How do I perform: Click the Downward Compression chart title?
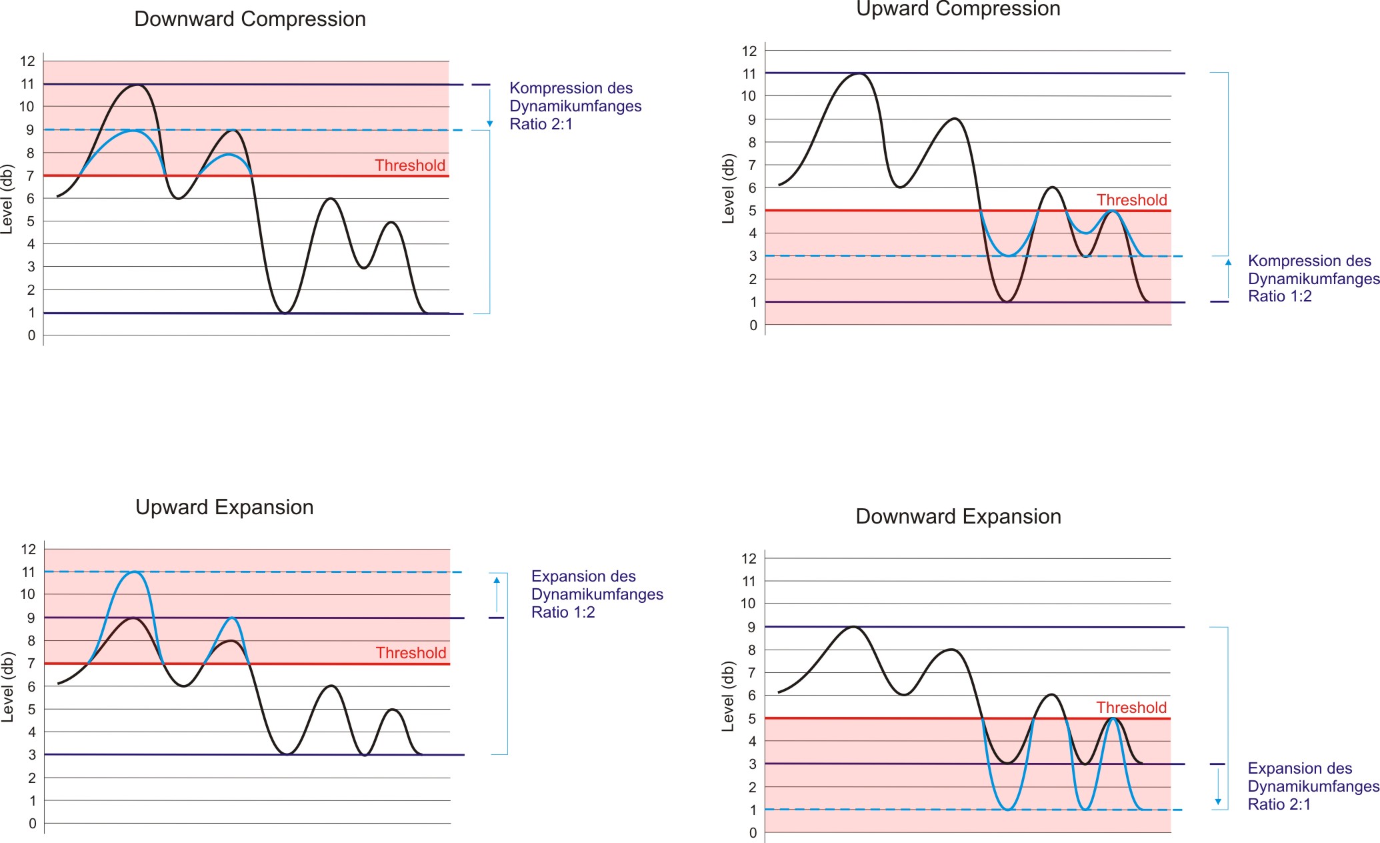coord(250,19)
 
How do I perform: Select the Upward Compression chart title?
coord(958,9)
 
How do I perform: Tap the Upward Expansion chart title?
coord(224,508)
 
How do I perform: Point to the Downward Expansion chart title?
coord(958,517)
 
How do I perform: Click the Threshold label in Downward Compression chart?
coord(409,165)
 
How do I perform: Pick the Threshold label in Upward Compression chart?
coord(1131,200)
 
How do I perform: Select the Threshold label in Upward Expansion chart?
coord(411,653)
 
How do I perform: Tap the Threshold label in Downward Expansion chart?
coord(1131,708)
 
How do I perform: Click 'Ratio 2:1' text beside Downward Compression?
coord(541,124)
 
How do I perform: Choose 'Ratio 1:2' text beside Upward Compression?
coord(1279,296)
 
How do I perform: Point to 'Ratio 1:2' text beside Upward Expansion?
coord(563,612)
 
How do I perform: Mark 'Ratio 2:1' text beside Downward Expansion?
coord(1279,804)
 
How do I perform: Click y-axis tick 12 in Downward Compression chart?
coord(27,61)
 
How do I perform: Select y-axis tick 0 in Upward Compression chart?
coord(753,325)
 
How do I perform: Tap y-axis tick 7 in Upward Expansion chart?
coord(31,664)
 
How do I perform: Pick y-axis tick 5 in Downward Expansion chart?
coord(752,719)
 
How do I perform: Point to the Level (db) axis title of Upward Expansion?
coord(7,687)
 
